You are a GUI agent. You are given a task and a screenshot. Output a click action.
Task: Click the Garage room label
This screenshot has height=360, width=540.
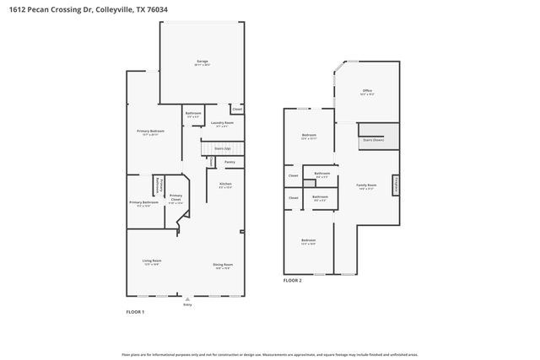202,62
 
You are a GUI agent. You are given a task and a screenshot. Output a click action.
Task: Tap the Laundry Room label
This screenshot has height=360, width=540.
223,123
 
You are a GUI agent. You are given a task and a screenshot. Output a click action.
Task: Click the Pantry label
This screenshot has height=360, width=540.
229,162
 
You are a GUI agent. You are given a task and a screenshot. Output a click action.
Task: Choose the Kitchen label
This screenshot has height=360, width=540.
225,184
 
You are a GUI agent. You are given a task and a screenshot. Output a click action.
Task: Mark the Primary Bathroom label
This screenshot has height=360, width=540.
143,202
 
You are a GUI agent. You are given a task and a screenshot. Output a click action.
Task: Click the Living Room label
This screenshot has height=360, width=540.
151,261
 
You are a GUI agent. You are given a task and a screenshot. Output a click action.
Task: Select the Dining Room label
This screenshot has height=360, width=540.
223,265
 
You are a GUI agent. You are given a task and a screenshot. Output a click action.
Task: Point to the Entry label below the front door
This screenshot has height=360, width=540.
187,304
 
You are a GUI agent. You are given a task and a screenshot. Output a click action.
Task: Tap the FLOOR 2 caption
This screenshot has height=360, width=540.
292,279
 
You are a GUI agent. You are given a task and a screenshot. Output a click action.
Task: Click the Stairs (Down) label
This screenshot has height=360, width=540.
372,141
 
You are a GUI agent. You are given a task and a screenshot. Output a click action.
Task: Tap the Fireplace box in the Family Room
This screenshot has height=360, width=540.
396,185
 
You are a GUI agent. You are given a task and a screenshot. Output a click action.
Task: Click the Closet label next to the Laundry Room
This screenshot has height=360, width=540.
237,109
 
